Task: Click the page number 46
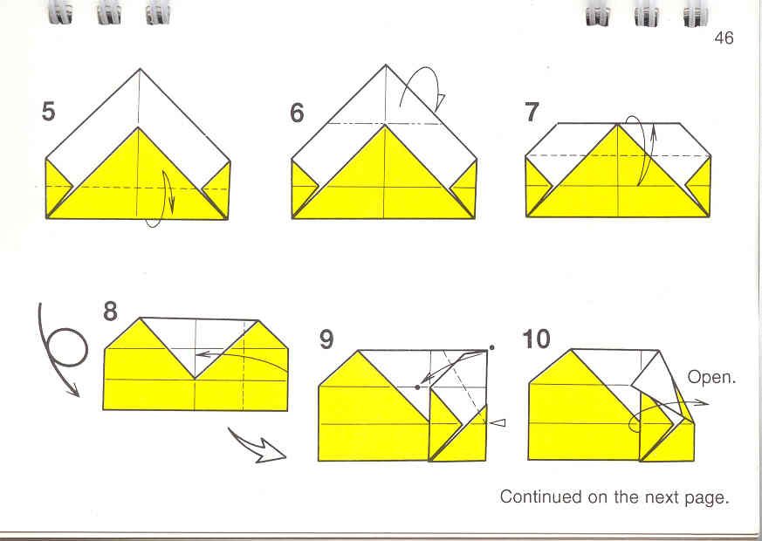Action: coord(724,38)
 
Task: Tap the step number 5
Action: coord(48,111)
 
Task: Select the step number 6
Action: coord(297,113)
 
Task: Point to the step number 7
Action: coord(532,113)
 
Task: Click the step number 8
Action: coord(110,312)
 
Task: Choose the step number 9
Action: coord(326,339)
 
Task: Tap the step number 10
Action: coord(536,339)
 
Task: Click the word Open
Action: coord(711,377)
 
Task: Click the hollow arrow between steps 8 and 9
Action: coord(257,445)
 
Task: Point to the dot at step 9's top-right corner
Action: coord(491,347)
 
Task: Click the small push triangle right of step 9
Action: coord(498,423)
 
